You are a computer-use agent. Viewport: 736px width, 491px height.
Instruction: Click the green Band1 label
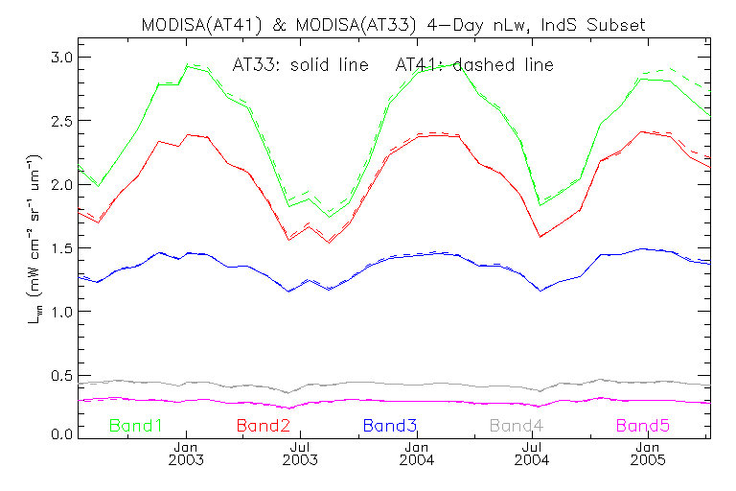pyautogui.click(x=136, y=424)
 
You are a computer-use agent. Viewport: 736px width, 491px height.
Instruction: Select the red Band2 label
pyautogui.click(x=263, y=424)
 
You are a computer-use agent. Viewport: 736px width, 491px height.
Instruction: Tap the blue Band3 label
pyautogui.click(x=389, y=424)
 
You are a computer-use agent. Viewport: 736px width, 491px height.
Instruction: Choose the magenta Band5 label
pyautogui.click(x=642, y=424)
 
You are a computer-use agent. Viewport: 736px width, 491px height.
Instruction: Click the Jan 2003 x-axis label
pyautogui.click(x=186, y=454)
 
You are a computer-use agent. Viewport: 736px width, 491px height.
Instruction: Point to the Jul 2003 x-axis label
pyautogui.click(x=301, y=454)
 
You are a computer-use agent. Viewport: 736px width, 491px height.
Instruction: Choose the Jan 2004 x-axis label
pyautogui.click(x=417, y=454)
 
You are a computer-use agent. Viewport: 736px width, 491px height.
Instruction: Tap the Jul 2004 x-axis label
pyautogui.click(x=532, y=454)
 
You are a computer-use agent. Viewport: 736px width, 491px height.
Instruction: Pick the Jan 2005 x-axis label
pyautogui.click(x=648, y=454)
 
